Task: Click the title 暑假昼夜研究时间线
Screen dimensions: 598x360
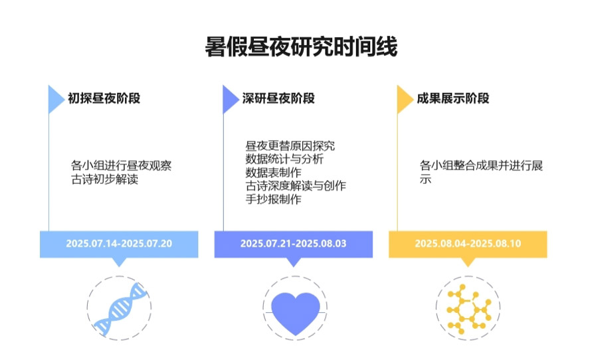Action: tap(301, 47)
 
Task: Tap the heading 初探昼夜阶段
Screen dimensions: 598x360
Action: tap(104, 98)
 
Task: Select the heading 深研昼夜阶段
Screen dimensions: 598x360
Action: tap(278, 98)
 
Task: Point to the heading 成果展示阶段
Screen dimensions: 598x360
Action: tap(452, 98)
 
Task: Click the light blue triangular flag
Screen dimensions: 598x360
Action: tap(54, 99)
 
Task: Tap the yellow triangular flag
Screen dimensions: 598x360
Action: tap(403, 99)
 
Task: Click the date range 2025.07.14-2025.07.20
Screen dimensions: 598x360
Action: tap(119, 244)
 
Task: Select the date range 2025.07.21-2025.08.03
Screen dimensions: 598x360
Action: tap(293, 244)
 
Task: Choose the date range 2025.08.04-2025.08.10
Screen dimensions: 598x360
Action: tap(468, 244)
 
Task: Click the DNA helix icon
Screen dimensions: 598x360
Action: tap(120, 309)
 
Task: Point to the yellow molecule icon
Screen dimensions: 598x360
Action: tap(468, 309)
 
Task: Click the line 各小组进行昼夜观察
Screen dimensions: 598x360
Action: tap(122, 165)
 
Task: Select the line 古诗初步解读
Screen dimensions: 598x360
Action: tap(104, 179)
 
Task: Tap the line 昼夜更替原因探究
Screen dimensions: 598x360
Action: tap(290, 145)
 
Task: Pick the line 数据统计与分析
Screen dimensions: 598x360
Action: tap(284, 159)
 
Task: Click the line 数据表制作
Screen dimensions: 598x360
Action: tap(274, 173)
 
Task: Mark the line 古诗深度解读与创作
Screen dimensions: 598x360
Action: tap(296, 186)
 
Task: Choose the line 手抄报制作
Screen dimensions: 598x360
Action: tap(274, 199)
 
